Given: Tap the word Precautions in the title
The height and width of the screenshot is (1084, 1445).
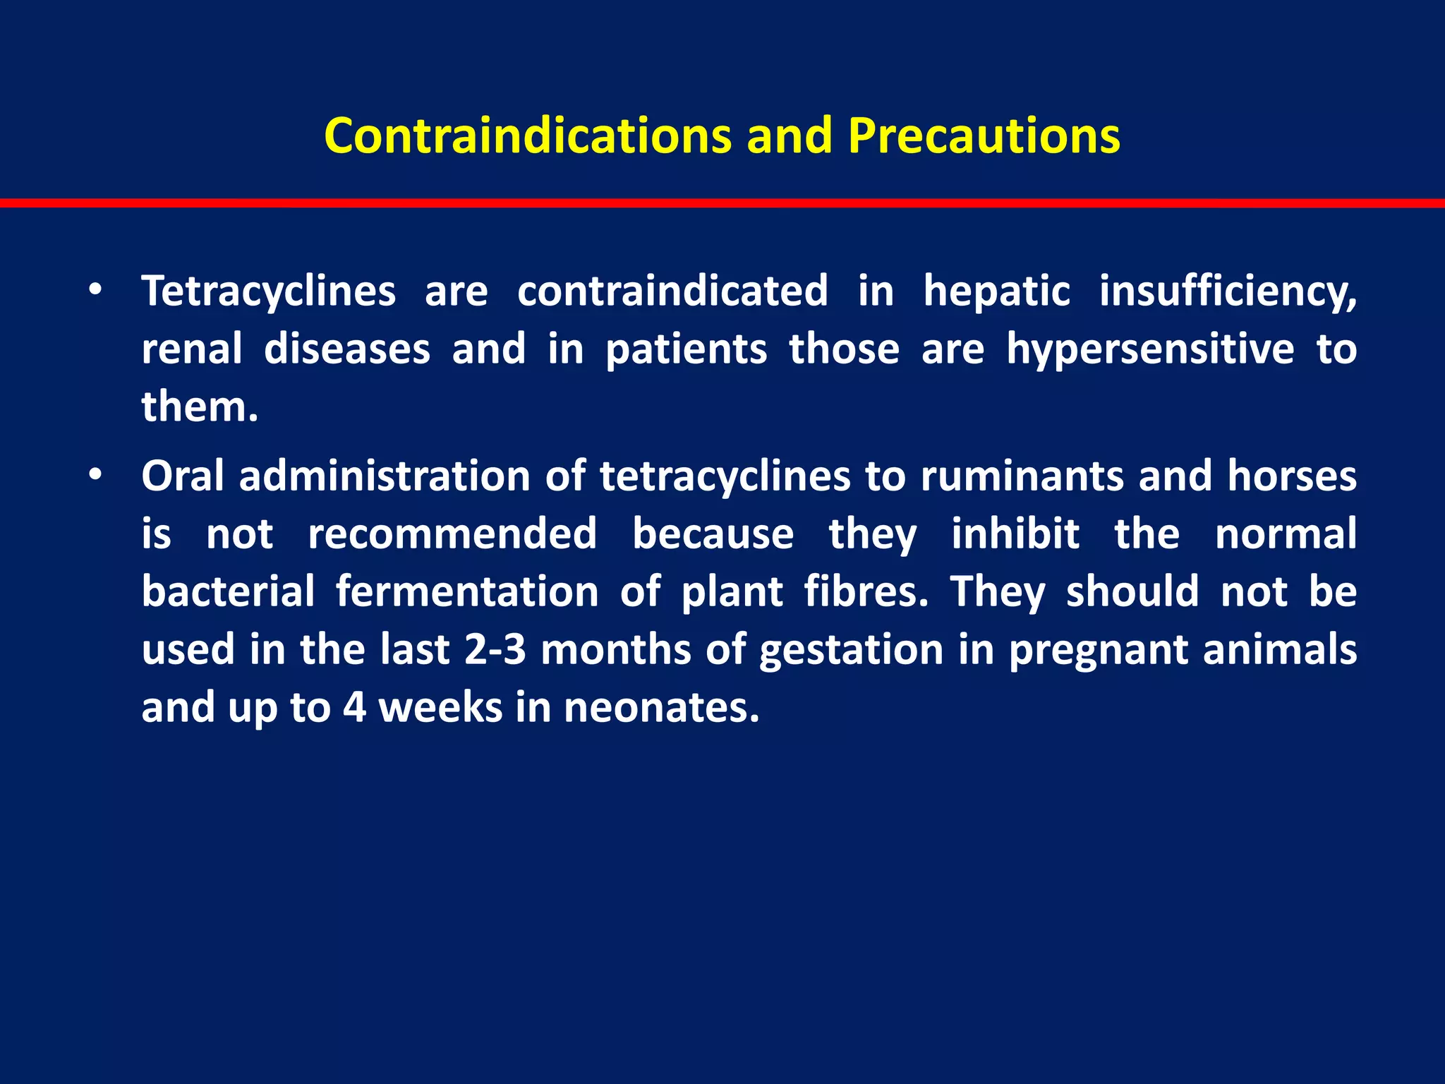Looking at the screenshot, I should click(x=984, y=135).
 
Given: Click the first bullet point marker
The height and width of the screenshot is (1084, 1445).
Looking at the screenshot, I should click(x=95, y=291).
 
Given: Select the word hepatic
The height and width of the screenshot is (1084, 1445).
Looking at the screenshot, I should click(x=996, y=291).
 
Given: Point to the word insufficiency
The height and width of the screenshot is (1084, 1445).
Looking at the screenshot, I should click(x=1228, y=291).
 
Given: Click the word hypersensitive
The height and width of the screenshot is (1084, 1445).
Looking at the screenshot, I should click(x=1150, y=349).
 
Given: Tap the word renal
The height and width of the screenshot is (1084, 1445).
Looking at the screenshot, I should click(x=191, y=349).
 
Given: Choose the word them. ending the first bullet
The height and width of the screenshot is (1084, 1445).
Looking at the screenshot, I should click(x=200, y=406).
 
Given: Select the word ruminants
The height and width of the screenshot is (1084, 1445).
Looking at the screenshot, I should click(x=1021, y=476).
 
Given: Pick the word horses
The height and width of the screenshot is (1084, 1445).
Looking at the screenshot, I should click(x=1291, y=476).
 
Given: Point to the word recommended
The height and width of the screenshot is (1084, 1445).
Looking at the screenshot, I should click(x=452, y=534).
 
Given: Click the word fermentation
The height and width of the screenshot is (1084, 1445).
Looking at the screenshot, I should click(x=466, y=591).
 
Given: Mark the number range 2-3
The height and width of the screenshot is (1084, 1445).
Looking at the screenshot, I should click(x=495, y=649).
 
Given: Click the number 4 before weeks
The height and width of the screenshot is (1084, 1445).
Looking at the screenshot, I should click(x=354, y=707).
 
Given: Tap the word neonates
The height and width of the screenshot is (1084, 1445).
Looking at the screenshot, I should click(x=661, y=707).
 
